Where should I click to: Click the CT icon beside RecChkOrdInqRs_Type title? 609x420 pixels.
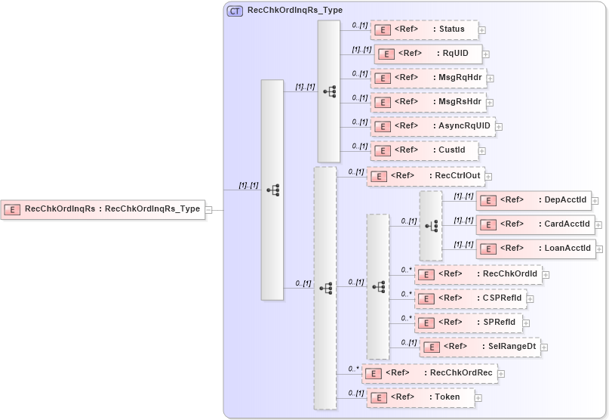pyautogui.click(x=235, y=11)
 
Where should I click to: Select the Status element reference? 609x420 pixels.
pyautogui.click(x=424, y=29)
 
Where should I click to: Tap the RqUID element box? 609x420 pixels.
pyautogui.click(x=428, y=54)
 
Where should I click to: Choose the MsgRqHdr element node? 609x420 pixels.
pyautogui.click(x=427, y=78)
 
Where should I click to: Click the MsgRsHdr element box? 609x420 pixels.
pyautogui.click(x=427, y=102)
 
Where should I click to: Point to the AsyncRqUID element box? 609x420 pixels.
pyautogui.click(x=432, y=126)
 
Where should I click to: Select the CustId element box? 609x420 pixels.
pyautogui.click(x=424, y=150)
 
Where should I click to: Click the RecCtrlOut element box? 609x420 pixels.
pyautogui.click(x=426, y=176)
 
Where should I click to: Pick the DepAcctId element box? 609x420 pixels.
pyautogui.click(x=533, y=200)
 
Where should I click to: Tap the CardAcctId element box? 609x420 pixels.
pyautogui.click(x=535, y=224)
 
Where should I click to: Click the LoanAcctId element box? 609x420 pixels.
pyautogui.click(x=535, y=249)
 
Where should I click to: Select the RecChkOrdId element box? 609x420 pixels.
pyautogui.click(x=478, y=274)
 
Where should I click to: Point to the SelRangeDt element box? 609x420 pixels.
pyautogui.click(x=480, y=347)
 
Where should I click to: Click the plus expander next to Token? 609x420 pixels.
pyautogui.click(x=478, y=397)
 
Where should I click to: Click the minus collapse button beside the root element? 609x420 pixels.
pyautogui.click(x=208, y=210)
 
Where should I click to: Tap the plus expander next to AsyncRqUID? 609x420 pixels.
pyautogui.click(x=499, y=127)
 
